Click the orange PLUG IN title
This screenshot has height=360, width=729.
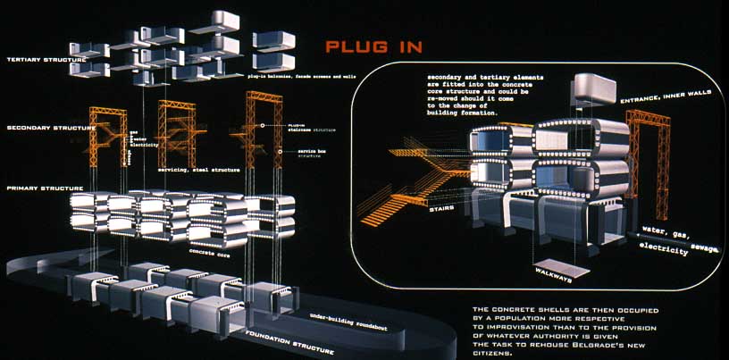(x=373, y=46)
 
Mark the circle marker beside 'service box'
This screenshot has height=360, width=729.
(x=283, y=151)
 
